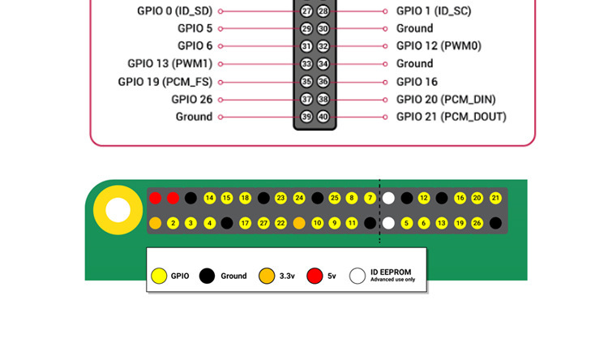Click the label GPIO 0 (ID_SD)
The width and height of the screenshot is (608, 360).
(176, 11)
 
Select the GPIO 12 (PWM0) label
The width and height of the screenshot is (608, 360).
(439, 46)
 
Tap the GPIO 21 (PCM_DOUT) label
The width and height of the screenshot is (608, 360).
(451, 117)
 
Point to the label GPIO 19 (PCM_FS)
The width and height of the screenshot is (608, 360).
(165, 82)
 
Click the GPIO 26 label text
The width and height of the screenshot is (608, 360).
(192, 99)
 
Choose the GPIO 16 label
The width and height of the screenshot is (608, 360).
(417, 82)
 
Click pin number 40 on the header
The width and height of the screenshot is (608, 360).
(323, 117)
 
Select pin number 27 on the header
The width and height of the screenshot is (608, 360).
(306, 11)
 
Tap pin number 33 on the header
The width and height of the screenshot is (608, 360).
(306, 64)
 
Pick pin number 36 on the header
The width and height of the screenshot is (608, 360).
(323, 82)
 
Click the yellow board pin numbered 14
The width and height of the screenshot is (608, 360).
(209, 198)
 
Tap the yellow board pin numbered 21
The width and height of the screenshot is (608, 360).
(495, 198)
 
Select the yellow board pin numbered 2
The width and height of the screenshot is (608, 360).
(173, 223)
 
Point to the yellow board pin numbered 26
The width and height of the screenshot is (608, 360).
(477, 223)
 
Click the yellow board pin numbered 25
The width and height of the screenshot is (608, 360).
(334, 198)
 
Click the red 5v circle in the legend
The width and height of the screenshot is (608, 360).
(315, 276)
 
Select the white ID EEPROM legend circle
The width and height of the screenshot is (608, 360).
(358, 276)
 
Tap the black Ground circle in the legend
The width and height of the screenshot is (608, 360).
(208, 276)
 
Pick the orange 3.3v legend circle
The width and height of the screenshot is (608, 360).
(266, 276)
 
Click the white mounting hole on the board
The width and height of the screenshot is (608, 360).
(118, 211)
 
